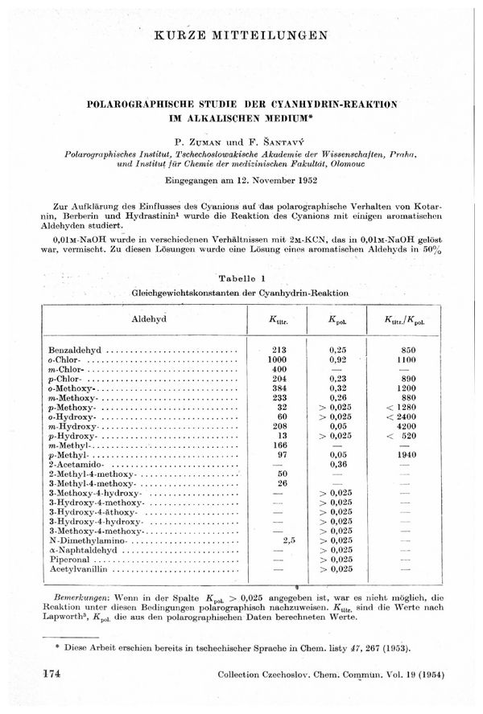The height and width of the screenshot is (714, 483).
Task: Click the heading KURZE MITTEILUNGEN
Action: (x=242, y=35)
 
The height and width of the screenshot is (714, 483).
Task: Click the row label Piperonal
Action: (x=72, y=559)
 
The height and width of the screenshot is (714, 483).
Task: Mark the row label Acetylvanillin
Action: (x=80, y=568)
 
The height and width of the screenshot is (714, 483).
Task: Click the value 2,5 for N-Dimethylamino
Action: (x=291, y=540)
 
